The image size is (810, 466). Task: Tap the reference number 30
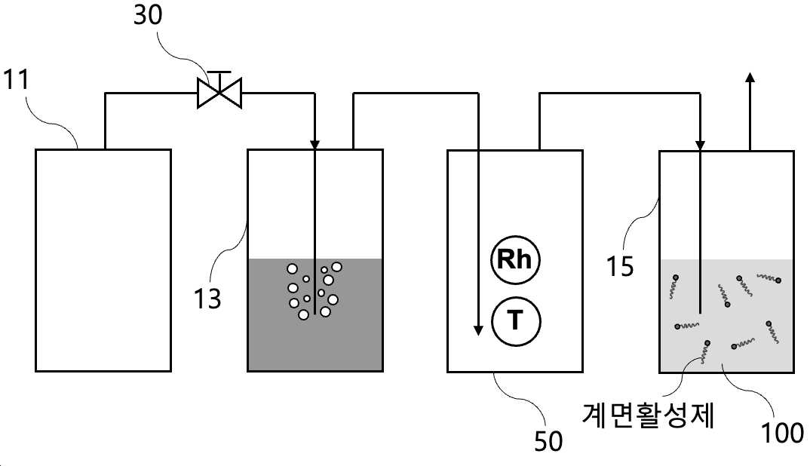(149, 15)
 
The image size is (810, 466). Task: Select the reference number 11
(17, 80)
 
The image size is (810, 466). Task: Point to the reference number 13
(207, 298)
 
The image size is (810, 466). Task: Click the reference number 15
(619, 267)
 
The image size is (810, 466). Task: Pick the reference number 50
(548, 441)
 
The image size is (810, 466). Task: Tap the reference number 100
(783, 432)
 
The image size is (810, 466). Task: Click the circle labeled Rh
(514, 259)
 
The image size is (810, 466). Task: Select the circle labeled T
(516, 320)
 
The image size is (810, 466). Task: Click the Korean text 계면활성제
(649, 414)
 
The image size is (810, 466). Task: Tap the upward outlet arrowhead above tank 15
(750, 77)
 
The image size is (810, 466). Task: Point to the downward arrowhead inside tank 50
(478, 330)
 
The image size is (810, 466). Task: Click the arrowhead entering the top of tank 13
(314, 145)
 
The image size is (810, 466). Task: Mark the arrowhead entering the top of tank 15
(700, 146)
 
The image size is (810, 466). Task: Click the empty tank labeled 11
(103, 260)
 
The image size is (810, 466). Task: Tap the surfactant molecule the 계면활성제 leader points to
(704, 351)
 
